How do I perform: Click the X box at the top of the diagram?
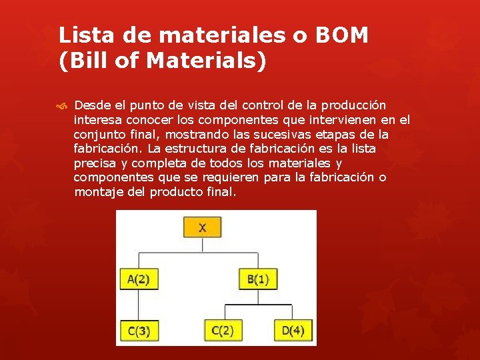(x=202, y=228)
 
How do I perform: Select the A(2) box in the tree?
(x=139, y=279)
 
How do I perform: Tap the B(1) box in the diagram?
(x=258, y=279)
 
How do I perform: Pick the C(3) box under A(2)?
(x=139, y=331)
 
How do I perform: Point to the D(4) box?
(x=293, y=330)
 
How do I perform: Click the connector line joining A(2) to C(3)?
(x=139, y=305)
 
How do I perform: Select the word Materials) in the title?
(x=205, y=61)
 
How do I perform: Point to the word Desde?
(x=93, y=105)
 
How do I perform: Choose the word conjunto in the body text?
(x=99, y=135)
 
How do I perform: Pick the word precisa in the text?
(x=95, y=163)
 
